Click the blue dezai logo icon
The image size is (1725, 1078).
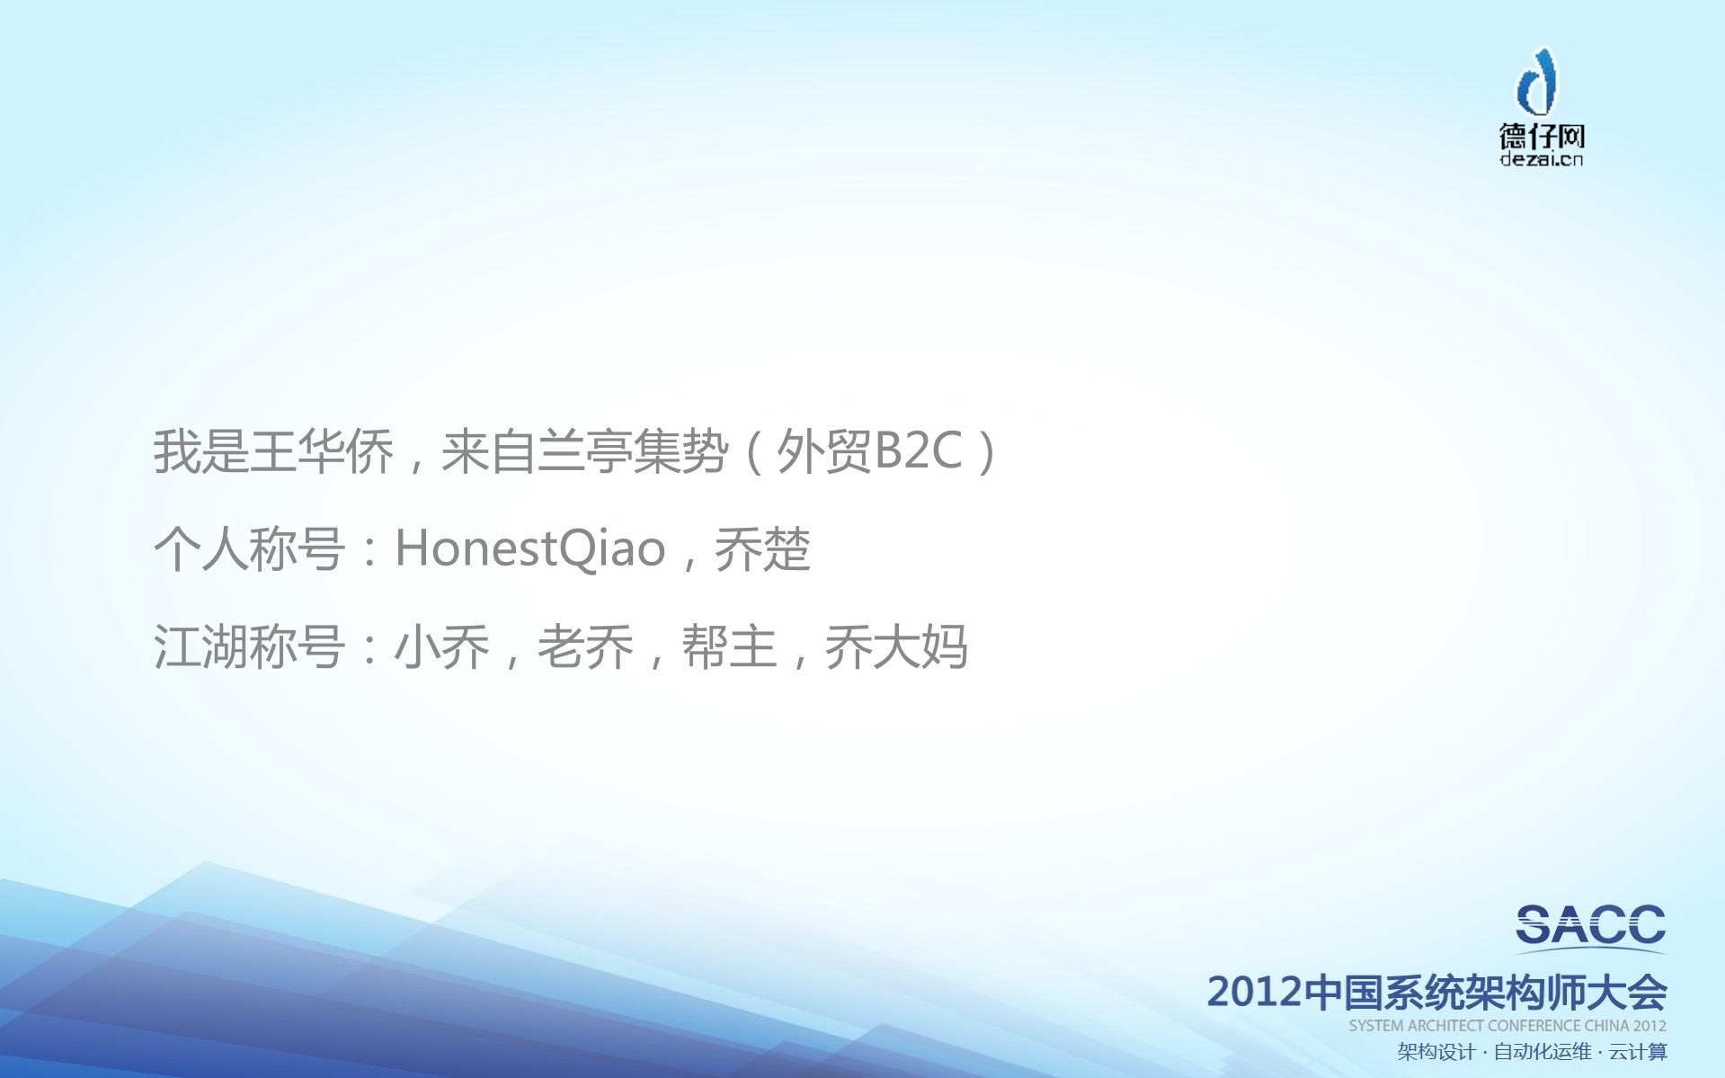tap(1538, 82)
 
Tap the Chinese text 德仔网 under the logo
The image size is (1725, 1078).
tap(1541, 137)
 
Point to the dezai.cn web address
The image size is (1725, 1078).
tap(1541, 160)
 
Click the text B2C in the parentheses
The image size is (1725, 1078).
tap(918, 451)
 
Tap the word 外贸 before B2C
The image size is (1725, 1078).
tap(823, 451)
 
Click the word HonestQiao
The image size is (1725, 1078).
tap(529, 548)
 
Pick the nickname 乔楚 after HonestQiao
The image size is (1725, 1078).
tap(762, 548)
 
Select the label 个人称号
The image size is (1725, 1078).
tap(249, 548)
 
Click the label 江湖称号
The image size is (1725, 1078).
tap(249, 646)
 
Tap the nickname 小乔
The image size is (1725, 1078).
tap(441, 646)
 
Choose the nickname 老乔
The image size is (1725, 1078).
tap(585, 646)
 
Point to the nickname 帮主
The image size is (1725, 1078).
tap(729, 646)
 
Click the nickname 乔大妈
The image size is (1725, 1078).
tap(896, 646)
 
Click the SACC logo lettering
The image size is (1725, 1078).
tap(1590, 926)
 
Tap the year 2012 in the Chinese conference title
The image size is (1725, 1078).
tap(1254, 992)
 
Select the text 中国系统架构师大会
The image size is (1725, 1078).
tap(1485, 992)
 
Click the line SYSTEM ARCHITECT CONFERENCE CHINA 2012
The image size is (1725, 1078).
tap(1507, 1026)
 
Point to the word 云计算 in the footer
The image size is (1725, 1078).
tap(1638, 1052)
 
